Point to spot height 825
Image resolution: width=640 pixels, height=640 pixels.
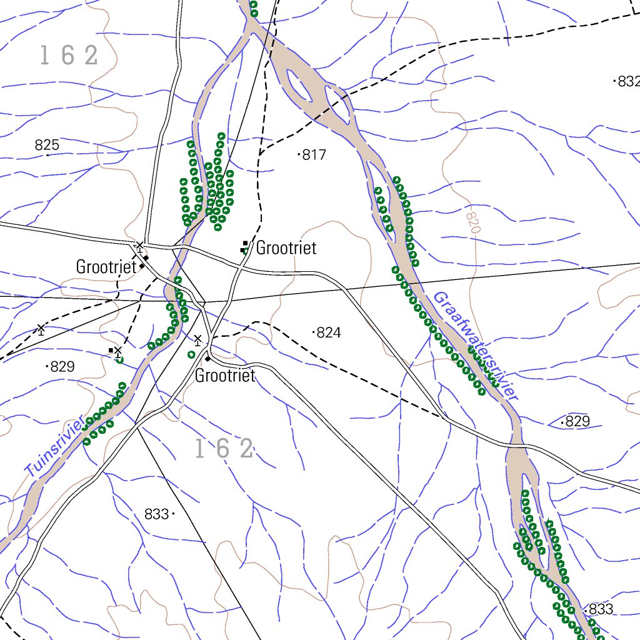(x=47, y=146)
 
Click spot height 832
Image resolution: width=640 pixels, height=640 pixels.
(x=627, y=81)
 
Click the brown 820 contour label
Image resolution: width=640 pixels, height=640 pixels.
(x=473, y=221)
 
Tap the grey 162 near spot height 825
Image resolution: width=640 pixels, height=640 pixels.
(x=69, y=56)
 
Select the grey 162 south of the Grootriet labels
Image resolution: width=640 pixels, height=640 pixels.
(x=224, y=449)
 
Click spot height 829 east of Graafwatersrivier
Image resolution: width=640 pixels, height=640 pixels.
(x=576, y=421)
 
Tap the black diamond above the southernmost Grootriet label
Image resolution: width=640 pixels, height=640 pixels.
(x=207, y=359)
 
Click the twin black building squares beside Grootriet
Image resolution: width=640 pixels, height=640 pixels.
(x=245, y=247)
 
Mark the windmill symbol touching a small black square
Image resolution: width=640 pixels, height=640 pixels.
(x=116, y=351)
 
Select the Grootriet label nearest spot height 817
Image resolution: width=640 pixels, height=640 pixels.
(x=286, y=248)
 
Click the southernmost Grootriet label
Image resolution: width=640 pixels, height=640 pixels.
(x=225, y=376)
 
